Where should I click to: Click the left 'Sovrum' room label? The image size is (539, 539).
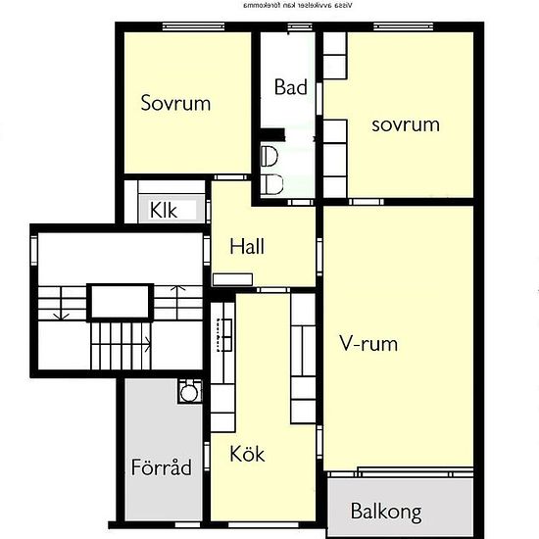click(x=175, y=103)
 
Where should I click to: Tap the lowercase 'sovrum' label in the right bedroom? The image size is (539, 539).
click(x=405, y=124)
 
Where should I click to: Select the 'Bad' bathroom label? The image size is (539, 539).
click(x=291, y=87)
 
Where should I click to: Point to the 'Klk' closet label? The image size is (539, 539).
click(x=163, y=209)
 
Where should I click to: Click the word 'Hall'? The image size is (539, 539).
click(x=247, y=247)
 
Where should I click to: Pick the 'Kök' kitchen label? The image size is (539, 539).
click(x=247, y=455)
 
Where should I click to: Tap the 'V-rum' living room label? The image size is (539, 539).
click(x=368, y=344)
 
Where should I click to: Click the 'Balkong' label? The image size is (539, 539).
click(x=386, y=512)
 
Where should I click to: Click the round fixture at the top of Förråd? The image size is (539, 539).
click(x=188, y=392)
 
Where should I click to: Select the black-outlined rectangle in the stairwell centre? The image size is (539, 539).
click(x=122, y=302)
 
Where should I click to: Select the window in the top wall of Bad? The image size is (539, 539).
click(x=290, y=26)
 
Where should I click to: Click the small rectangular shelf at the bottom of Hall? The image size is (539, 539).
click(x=232, y=278)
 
